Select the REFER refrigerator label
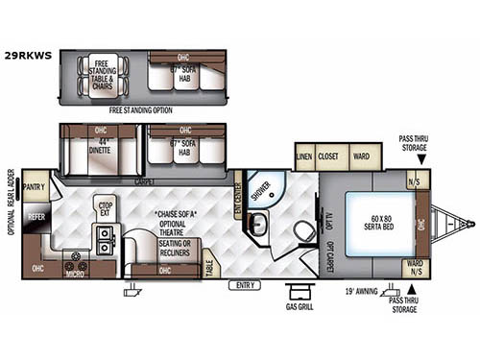pyautogui.click(x=36, y=218)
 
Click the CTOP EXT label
pyautogui.click(x=106, y=207)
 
